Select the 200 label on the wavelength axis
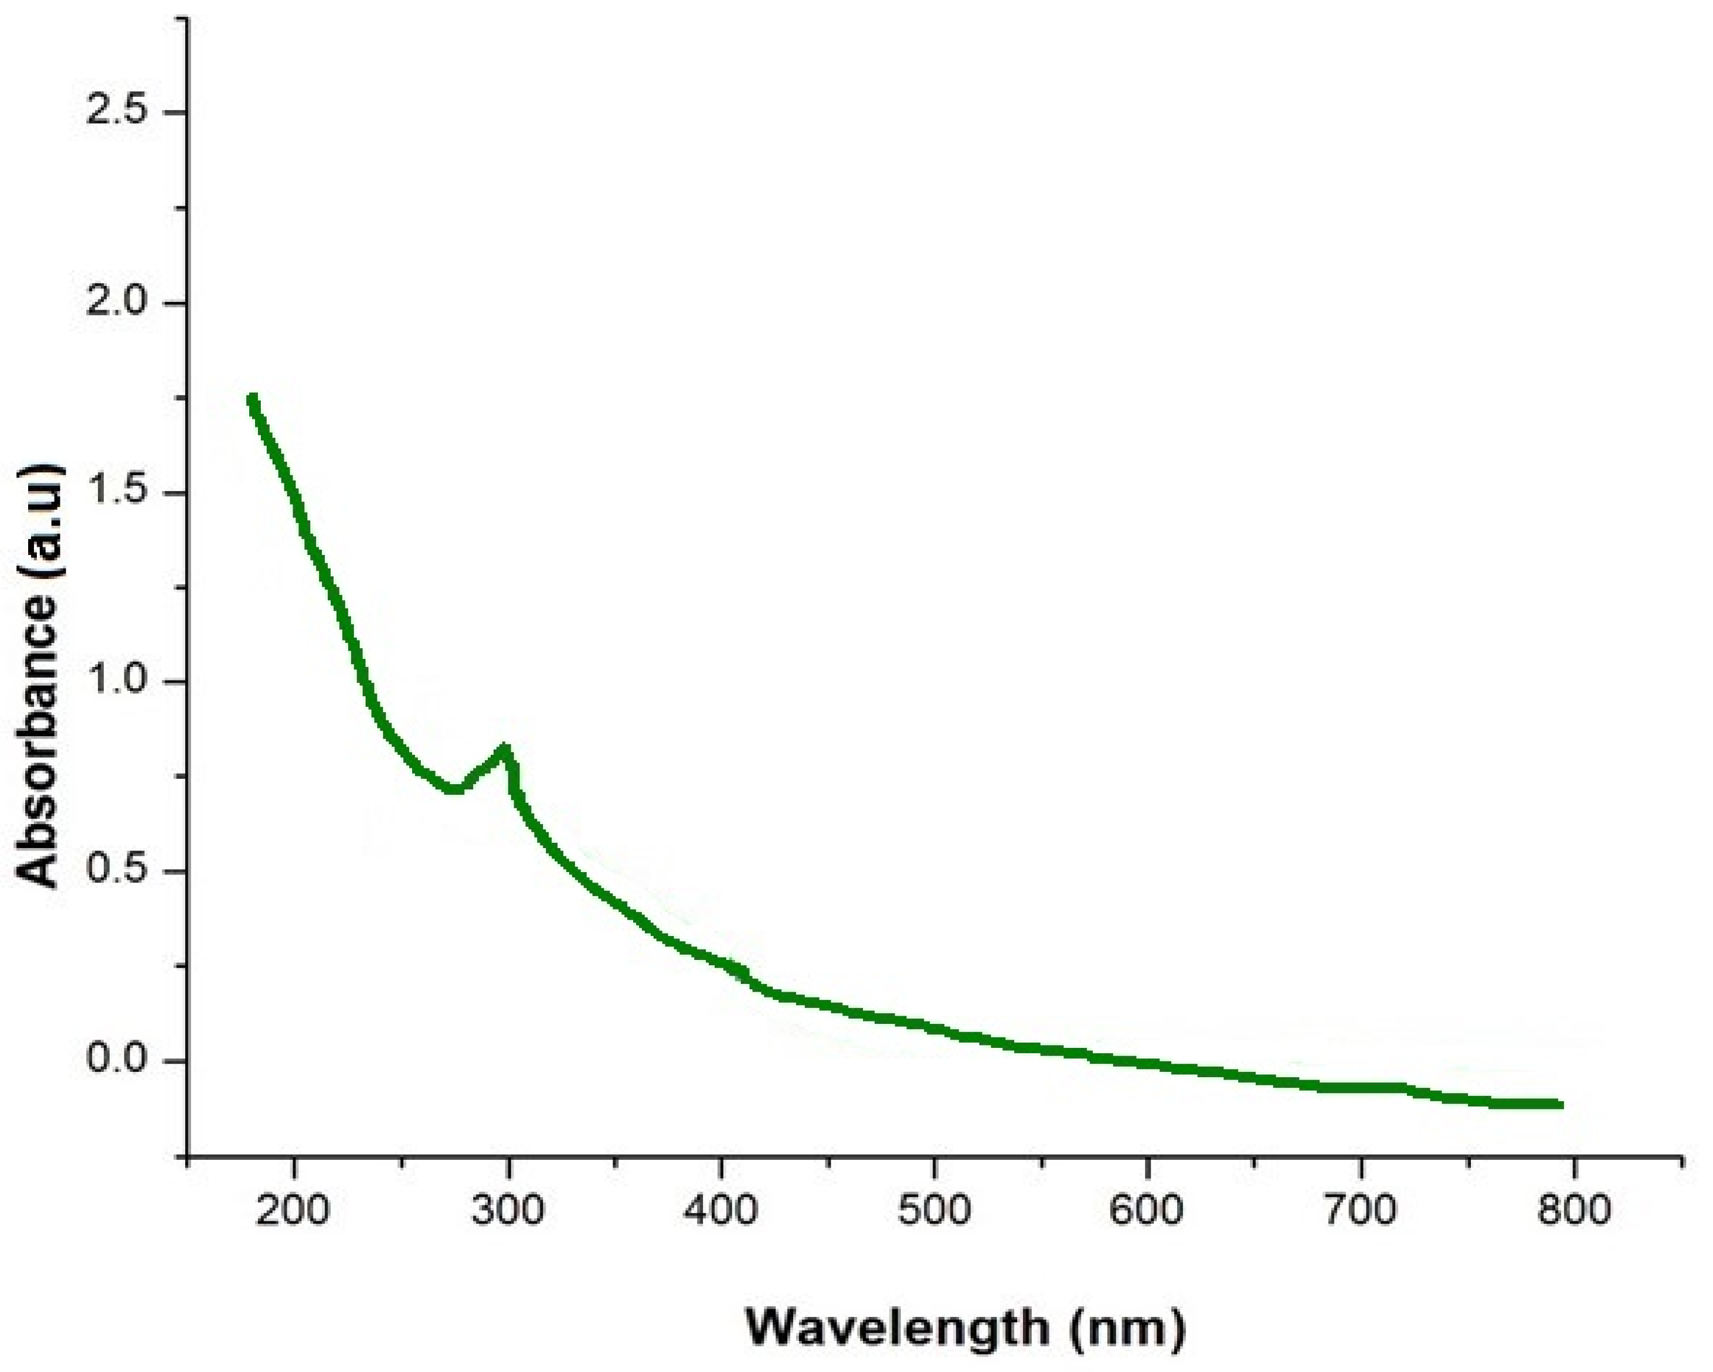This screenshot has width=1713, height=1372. pyautogui.click(x=294, y=1209)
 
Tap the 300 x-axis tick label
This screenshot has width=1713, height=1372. pyautogui.click(x=508, y=1209)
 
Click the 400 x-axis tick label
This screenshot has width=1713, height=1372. pyautogui.click(x=720, y=1209)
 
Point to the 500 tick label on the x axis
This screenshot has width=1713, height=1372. pyautogui.click(x=934, y=1209)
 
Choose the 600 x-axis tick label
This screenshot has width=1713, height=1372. pyautogui.click(x=1147, y=1209)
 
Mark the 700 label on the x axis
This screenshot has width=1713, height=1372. pyautogui.click(x=1361, y=1209)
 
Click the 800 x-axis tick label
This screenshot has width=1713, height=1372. pyautogui.click(x=1574, y=1209)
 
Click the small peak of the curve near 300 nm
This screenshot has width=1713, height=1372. pyautogui.click(x=504, y=748)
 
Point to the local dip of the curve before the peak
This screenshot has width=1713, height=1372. pyautogui.click(x=454, y=789)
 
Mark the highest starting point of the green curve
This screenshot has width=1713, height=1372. pyautogui.click(x=253, y=400)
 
